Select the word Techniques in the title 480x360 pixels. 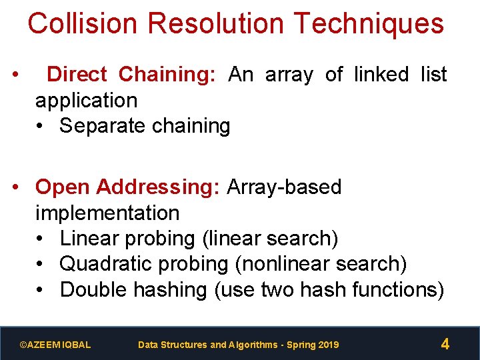pos(368,23)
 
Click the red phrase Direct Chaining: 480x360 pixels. pos(131,75)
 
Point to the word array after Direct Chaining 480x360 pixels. pos(289,75)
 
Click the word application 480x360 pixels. pos(86,101)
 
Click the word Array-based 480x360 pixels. pos(284,187)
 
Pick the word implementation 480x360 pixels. pos(107,213)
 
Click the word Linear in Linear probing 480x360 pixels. pos(91,239)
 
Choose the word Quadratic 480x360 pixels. pos(107,264)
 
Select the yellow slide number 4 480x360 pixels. pos(445,345)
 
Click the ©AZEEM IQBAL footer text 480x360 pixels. pos(55,345)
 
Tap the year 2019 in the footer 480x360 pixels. pos(329,345)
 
